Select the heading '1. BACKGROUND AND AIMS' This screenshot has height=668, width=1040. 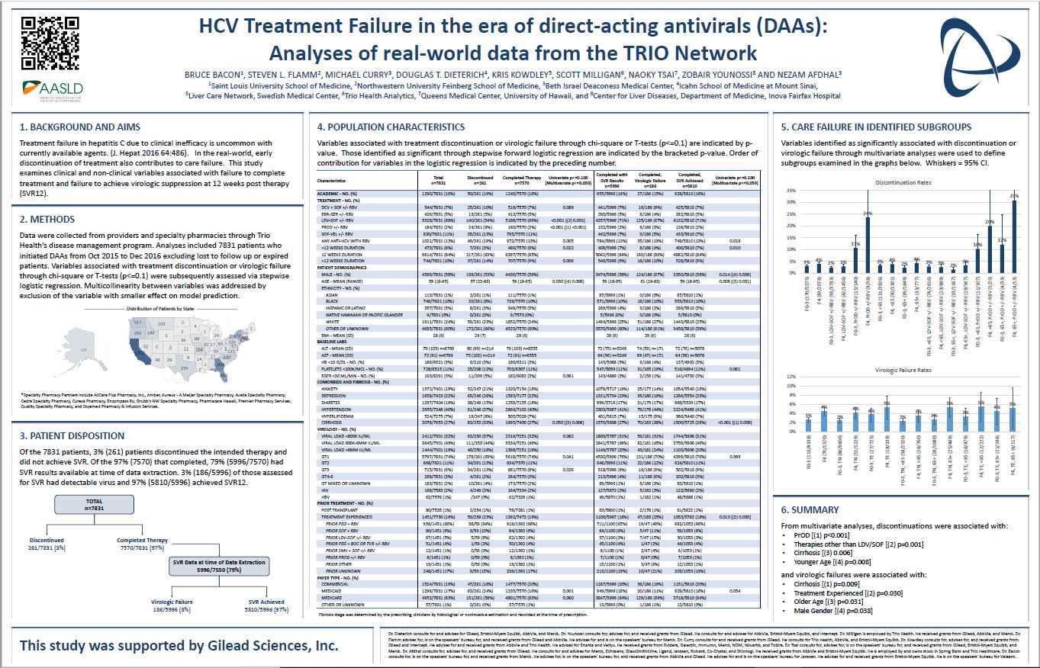click(80, 127)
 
